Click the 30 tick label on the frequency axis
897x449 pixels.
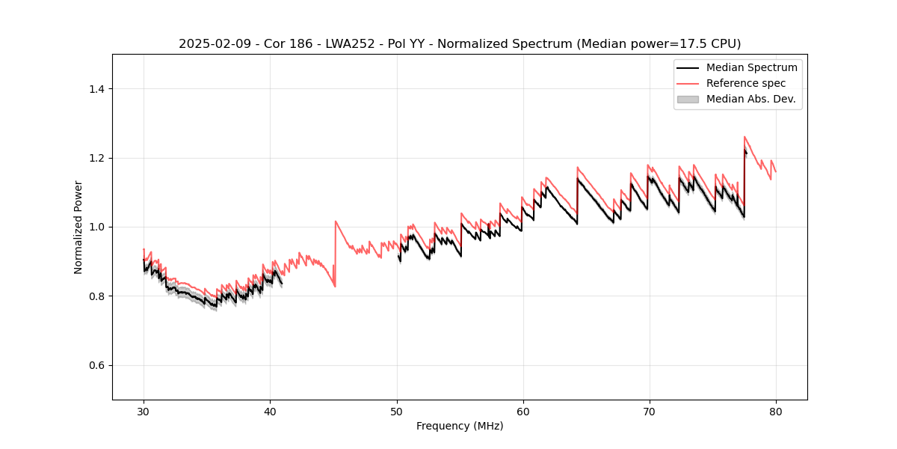144,412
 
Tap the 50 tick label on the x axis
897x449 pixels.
396,412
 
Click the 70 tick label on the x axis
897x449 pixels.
649,412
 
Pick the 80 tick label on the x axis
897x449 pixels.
775,412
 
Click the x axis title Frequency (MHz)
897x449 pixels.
460,426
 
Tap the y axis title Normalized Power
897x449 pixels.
78,227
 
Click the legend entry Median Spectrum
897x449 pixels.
751,67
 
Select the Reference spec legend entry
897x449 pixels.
745,83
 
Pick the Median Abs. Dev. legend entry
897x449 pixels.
750,99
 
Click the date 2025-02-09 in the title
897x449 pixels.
209,44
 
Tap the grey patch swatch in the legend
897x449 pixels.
688,99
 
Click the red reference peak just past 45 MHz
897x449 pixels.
336,222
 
